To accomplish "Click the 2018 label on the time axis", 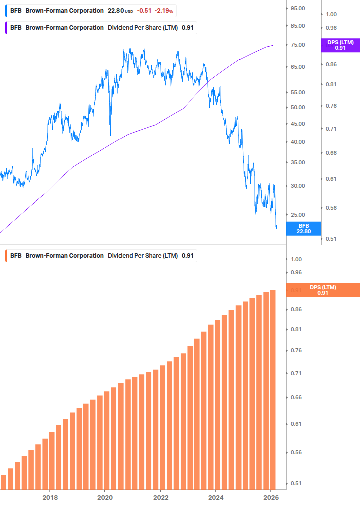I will pyautogui.click(x=49, y=497).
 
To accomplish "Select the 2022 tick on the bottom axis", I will pyautogui.click(x=160, y=497).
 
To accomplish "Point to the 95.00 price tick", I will pyautogui.click(x=298, y=8).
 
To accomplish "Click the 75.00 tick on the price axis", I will pyautogui.click(x=298, y=45).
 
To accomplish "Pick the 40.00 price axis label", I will pyautogui.click(x=298, y=142).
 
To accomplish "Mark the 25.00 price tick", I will pyautogui.click(x=298, y=215).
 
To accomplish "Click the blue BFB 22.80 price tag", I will pyautogui.click(x=303, y=229).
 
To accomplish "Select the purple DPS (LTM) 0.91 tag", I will pyautogui.click(x=340, y=45).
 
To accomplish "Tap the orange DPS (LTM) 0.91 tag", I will pyautogui.click(x=322, y=290).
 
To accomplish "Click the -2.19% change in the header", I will pyautogui.click(x=164, y=11).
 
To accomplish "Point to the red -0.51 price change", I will pyautogui.click(x=144, y=11).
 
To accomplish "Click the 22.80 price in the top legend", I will pyautogui.click(x=117, y=11).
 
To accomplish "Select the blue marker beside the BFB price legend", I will pyautogui.click(x=6, y=11).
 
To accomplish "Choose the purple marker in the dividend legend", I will pyautogui.click(x=6, y=28).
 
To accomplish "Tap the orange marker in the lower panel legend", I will pyautogui.click(x=6, y=256).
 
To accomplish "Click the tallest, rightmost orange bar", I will pyautogui.click(x=273, y=390).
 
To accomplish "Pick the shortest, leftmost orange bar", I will pyautogui.click(x=3, y=481).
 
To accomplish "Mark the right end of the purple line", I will pyautogui.click(x=273, y=45).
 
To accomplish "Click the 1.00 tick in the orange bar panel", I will pyautogui.click(x=296, y=259).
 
